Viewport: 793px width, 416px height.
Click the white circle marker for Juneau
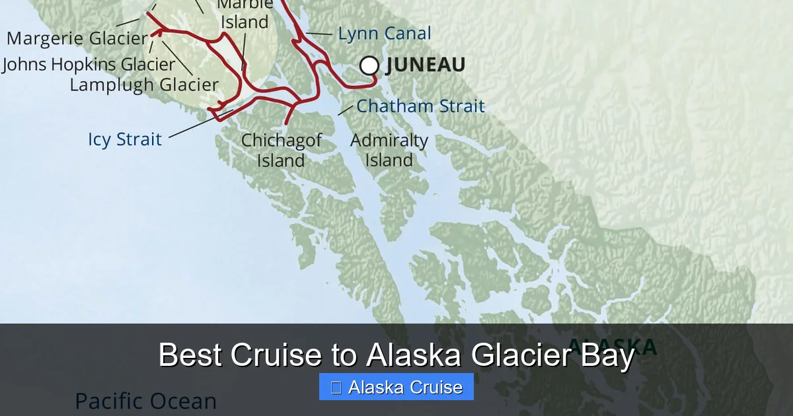369,65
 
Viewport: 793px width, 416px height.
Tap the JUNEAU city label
426,65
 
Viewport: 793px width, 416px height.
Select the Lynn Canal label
384,34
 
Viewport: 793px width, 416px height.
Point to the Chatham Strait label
420,106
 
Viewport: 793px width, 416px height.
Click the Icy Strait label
125,139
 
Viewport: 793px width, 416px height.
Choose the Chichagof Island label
281,150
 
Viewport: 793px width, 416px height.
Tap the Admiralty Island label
389,150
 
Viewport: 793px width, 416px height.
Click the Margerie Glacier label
77,38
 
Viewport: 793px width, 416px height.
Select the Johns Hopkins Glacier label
89,64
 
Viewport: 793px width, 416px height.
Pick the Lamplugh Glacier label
144,85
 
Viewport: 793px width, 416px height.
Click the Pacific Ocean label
145,401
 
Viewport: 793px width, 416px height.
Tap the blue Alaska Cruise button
397,387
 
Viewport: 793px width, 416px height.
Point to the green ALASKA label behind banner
613,345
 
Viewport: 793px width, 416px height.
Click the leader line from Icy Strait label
198,125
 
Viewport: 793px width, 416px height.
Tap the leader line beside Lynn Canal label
319,33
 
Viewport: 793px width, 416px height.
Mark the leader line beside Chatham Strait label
346,110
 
